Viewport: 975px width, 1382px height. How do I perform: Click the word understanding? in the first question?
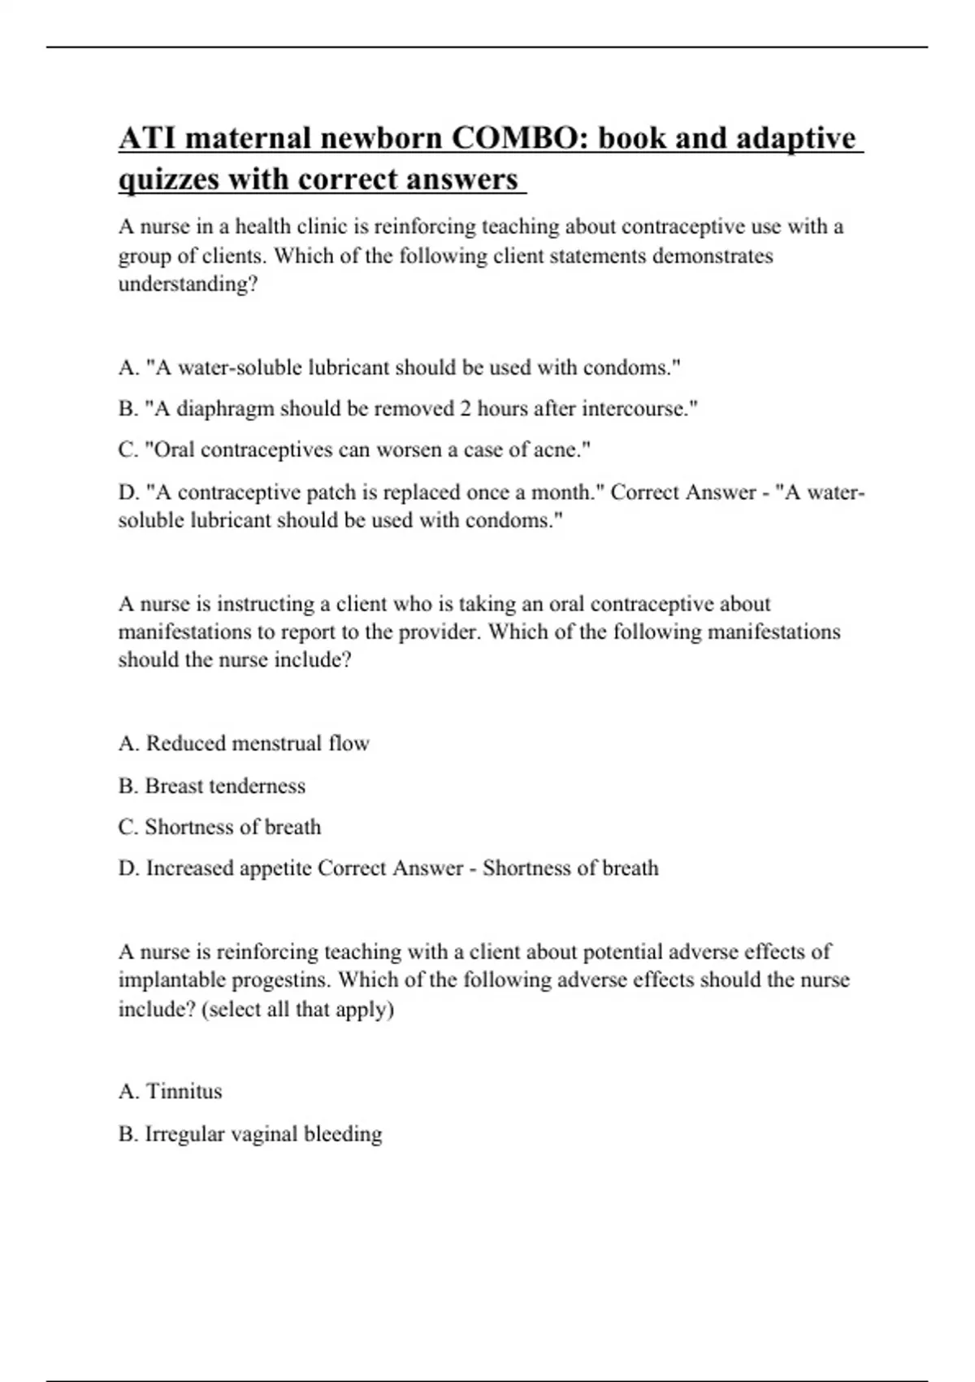(x=188, y=285)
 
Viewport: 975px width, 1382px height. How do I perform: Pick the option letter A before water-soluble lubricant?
(x=128, y=367)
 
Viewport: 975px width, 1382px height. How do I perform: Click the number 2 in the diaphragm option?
(x=465, y=408)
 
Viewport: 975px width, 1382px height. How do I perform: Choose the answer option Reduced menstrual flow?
(x=257, y=743)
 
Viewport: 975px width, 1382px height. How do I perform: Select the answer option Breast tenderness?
(x=225, y=785)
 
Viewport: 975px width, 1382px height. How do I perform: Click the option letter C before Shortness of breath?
(x=128, y=827)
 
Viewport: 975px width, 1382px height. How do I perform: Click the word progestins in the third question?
(x=281, y=980)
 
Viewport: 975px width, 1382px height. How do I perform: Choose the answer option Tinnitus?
(x=184, y=1091)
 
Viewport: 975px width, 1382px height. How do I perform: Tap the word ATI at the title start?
(x=146, y=138)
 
